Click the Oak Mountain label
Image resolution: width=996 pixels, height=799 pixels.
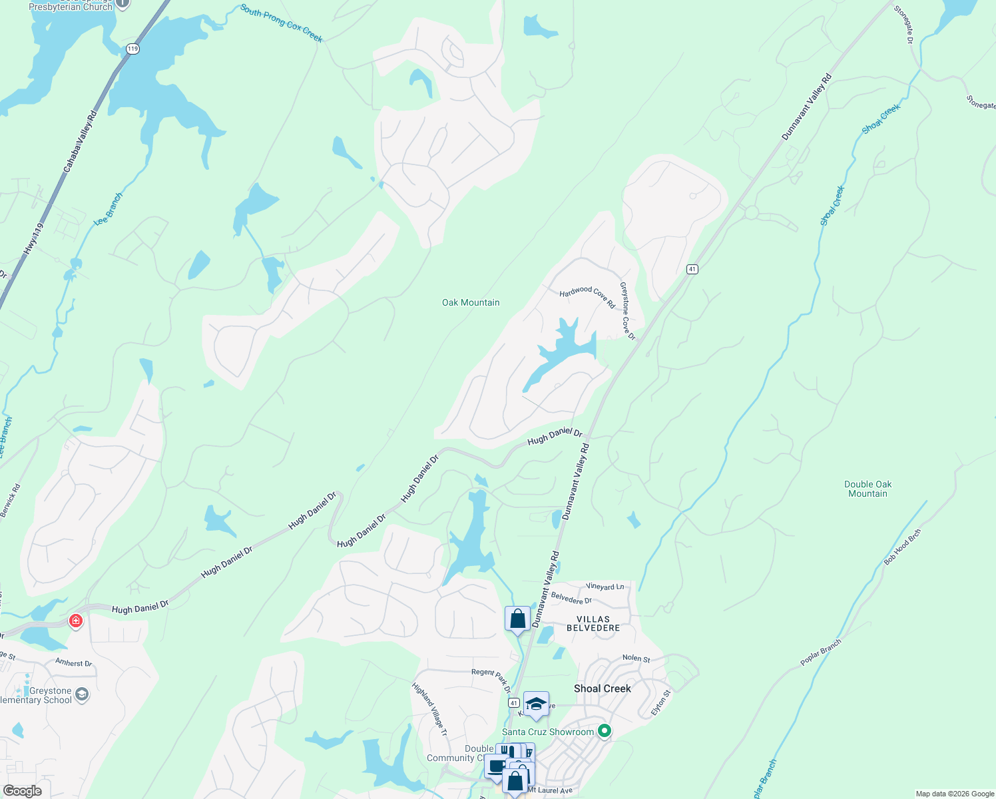pos(471,302)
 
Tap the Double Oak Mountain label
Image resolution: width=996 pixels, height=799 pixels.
pos(868,489)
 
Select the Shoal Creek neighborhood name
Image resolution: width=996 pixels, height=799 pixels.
pos(602,688)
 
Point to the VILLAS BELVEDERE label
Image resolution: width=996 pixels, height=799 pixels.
pos(593,623)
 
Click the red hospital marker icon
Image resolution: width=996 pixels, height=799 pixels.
pos(76,621)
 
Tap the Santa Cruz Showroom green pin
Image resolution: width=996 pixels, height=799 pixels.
pos(605,731)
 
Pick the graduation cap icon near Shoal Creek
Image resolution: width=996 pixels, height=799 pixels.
pos(536,704)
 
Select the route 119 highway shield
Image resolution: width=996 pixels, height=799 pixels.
pos(133,49)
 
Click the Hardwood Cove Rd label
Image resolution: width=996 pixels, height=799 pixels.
pos(587,297)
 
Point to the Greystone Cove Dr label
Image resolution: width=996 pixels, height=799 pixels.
pos(627,311)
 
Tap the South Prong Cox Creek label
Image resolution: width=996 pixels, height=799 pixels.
pos(282,23)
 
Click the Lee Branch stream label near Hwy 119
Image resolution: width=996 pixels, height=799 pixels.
pos(109,208)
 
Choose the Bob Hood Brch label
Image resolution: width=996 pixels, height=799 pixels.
pos(903,547)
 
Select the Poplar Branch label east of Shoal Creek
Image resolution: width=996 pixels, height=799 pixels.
pos(821,653)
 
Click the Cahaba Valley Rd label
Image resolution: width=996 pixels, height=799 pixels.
pos(81,141)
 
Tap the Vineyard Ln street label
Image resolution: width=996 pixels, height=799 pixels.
pos(605,586)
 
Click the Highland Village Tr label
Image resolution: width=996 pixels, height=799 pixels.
pos(429,710)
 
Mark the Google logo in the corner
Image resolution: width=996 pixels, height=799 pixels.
pos(23,790)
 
